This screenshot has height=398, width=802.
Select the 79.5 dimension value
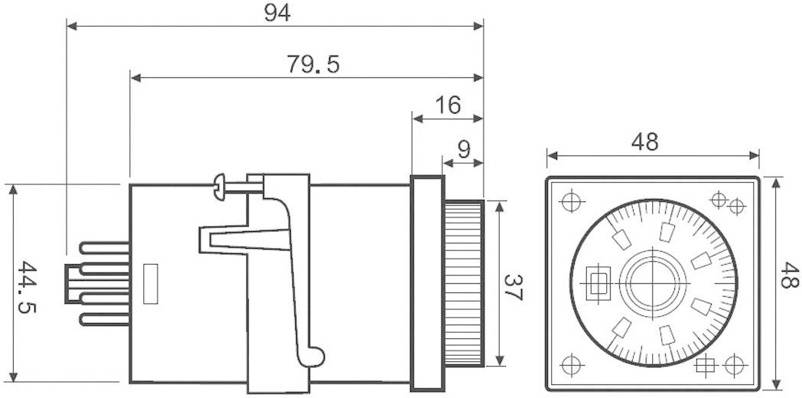coord(313,64)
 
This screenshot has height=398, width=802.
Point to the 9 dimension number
coord(464,149)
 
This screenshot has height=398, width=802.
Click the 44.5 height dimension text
coord(29,287)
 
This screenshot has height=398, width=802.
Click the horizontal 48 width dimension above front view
coord(644,142)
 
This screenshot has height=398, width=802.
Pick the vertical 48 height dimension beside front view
coord(788,276)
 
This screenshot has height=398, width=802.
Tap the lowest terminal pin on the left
coord(103,320)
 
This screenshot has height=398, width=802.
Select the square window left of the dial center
coord(597,282)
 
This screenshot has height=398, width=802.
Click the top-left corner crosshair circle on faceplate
coord(570,202)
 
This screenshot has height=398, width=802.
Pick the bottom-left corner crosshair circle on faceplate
coord(570,363)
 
